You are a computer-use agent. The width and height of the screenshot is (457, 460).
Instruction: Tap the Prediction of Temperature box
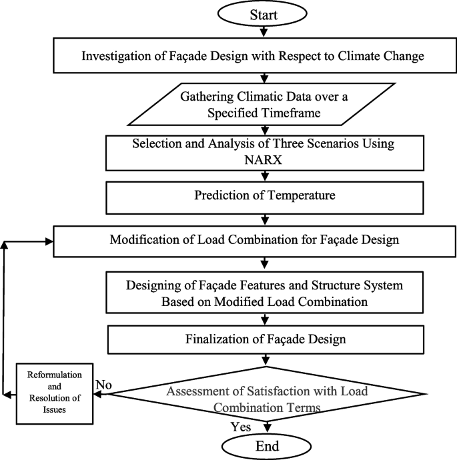265,196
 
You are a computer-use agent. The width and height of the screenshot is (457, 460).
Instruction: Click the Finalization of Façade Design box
265,339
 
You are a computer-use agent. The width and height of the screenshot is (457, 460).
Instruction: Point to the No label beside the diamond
103,385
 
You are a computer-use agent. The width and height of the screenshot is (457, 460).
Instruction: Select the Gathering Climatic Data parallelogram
265,103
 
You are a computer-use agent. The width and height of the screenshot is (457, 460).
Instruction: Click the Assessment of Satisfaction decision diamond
265,394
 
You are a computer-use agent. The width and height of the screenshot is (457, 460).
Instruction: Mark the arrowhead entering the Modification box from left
48,242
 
